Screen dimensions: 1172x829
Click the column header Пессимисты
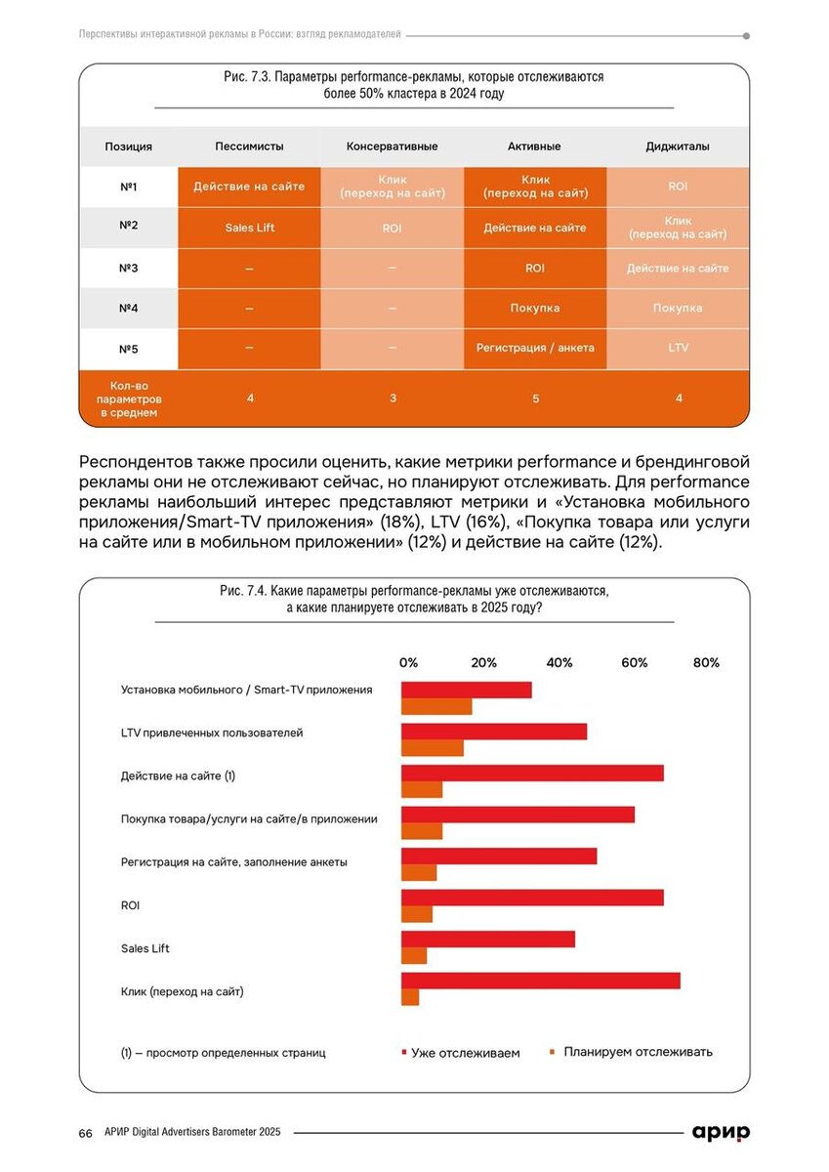click(x=249, y=146)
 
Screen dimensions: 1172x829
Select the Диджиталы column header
click(x=678, y=146)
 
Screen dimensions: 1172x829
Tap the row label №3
click(x=128, y=268)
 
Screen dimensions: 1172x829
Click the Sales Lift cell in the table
click(x=249, y=227)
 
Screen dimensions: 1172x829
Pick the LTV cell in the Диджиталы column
click(x=678, y=348)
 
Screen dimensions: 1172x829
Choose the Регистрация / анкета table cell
click(x=534, y=348)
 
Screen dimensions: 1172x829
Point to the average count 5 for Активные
click(x=534, y=398)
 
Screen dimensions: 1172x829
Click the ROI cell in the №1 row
click(x=678, y=187)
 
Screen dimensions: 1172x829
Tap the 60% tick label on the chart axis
click(x=635, y=663)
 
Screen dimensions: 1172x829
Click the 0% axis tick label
click(x=408, y=663)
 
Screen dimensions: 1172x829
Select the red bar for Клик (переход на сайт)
click(x=541, y=981)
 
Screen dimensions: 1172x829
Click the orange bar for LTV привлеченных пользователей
click(x=433, y=748)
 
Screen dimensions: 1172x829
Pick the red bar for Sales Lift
click(x=488, y=939)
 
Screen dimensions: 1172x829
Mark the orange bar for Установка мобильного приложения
click(x=436, y=706)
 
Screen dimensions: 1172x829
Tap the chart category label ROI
click(x=130, y=905)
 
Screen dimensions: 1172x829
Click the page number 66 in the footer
click(x=86, y=1133)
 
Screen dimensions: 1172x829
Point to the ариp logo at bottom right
click(x=721, y=1132)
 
